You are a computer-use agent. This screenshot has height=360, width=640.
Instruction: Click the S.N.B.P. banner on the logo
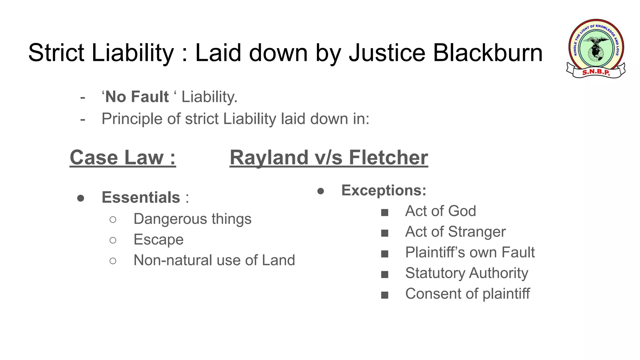click(x=596, y=72)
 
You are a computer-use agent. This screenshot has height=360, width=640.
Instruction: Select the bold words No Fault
click(x=137, y=97)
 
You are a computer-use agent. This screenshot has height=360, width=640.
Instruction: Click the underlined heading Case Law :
click(x=122, y=157)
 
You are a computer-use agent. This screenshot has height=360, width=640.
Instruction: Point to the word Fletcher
click(x=388, y=157)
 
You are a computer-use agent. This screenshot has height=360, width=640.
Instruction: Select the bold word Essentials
click(x=141, y=197)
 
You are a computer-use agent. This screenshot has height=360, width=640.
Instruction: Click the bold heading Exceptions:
click(x=384, y=190)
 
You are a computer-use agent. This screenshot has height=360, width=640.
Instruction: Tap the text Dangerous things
click(x=192, y=219)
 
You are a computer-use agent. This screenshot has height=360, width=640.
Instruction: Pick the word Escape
click(x=158, y=240)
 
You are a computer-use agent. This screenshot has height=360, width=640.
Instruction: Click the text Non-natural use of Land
click(x=214, y=260)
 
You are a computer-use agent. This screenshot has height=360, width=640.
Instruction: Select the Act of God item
click(x=440, y=211)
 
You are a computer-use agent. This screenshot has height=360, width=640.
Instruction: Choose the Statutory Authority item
click(x=467, y=273)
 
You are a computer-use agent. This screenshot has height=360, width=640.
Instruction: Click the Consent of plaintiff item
click(x=467, y=294)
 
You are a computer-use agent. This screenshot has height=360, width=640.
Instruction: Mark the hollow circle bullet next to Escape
click(x=113, y=240)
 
